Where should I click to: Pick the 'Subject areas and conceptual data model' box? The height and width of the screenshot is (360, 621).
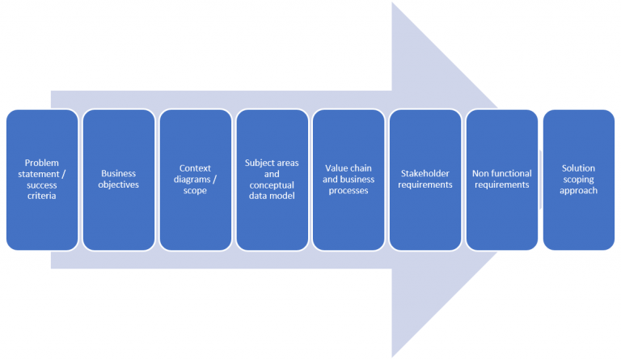[272, 218]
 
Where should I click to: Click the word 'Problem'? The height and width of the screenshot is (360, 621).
[42, 163]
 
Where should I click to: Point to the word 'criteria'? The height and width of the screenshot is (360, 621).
[42, 196]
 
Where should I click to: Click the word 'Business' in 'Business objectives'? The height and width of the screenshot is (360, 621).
[119, 173]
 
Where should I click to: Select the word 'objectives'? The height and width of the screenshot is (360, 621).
[119, 184]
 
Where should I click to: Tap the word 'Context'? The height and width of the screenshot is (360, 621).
[195, 168]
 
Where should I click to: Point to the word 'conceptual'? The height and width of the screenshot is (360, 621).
[272, 184]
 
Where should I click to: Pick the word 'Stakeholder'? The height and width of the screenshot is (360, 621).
[425, 173]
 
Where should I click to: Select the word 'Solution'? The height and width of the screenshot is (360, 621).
[578, 168]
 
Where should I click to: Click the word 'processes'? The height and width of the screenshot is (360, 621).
[349, 190]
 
